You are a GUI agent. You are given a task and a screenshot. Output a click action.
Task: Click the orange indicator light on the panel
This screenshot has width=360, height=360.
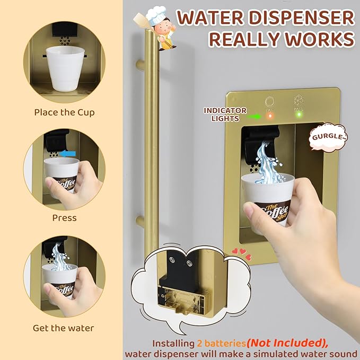tap(269, 115)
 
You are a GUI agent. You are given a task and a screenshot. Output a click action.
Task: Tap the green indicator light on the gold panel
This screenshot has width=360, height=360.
tap(299, 114)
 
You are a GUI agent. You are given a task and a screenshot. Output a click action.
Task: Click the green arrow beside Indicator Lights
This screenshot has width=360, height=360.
tap(254, 117)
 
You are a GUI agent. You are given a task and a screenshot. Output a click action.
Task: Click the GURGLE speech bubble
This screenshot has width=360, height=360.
tap(328, 137)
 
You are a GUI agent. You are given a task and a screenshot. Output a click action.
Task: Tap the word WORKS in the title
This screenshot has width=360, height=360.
tap(319, 39)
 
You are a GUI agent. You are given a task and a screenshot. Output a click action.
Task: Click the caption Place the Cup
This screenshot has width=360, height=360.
tap(65, 112)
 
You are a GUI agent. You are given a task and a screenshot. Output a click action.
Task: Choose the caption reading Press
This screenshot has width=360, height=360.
tap(64, 218)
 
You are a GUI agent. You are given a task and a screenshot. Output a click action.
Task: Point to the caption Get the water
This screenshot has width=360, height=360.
tap(64, 328)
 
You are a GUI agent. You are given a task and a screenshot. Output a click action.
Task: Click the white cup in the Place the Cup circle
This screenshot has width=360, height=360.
tap(65, 68)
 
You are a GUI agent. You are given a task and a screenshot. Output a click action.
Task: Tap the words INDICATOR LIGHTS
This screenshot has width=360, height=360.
tap(225, 115)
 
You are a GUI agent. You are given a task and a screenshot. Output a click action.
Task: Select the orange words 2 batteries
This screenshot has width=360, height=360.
tap(221, 344)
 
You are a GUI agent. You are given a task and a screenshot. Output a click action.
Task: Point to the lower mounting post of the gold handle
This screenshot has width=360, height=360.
tap(141, 221)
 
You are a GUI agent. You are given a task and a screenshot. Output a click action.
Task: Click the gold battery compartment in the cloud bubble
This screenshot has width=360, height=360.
tap(183, 298)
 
